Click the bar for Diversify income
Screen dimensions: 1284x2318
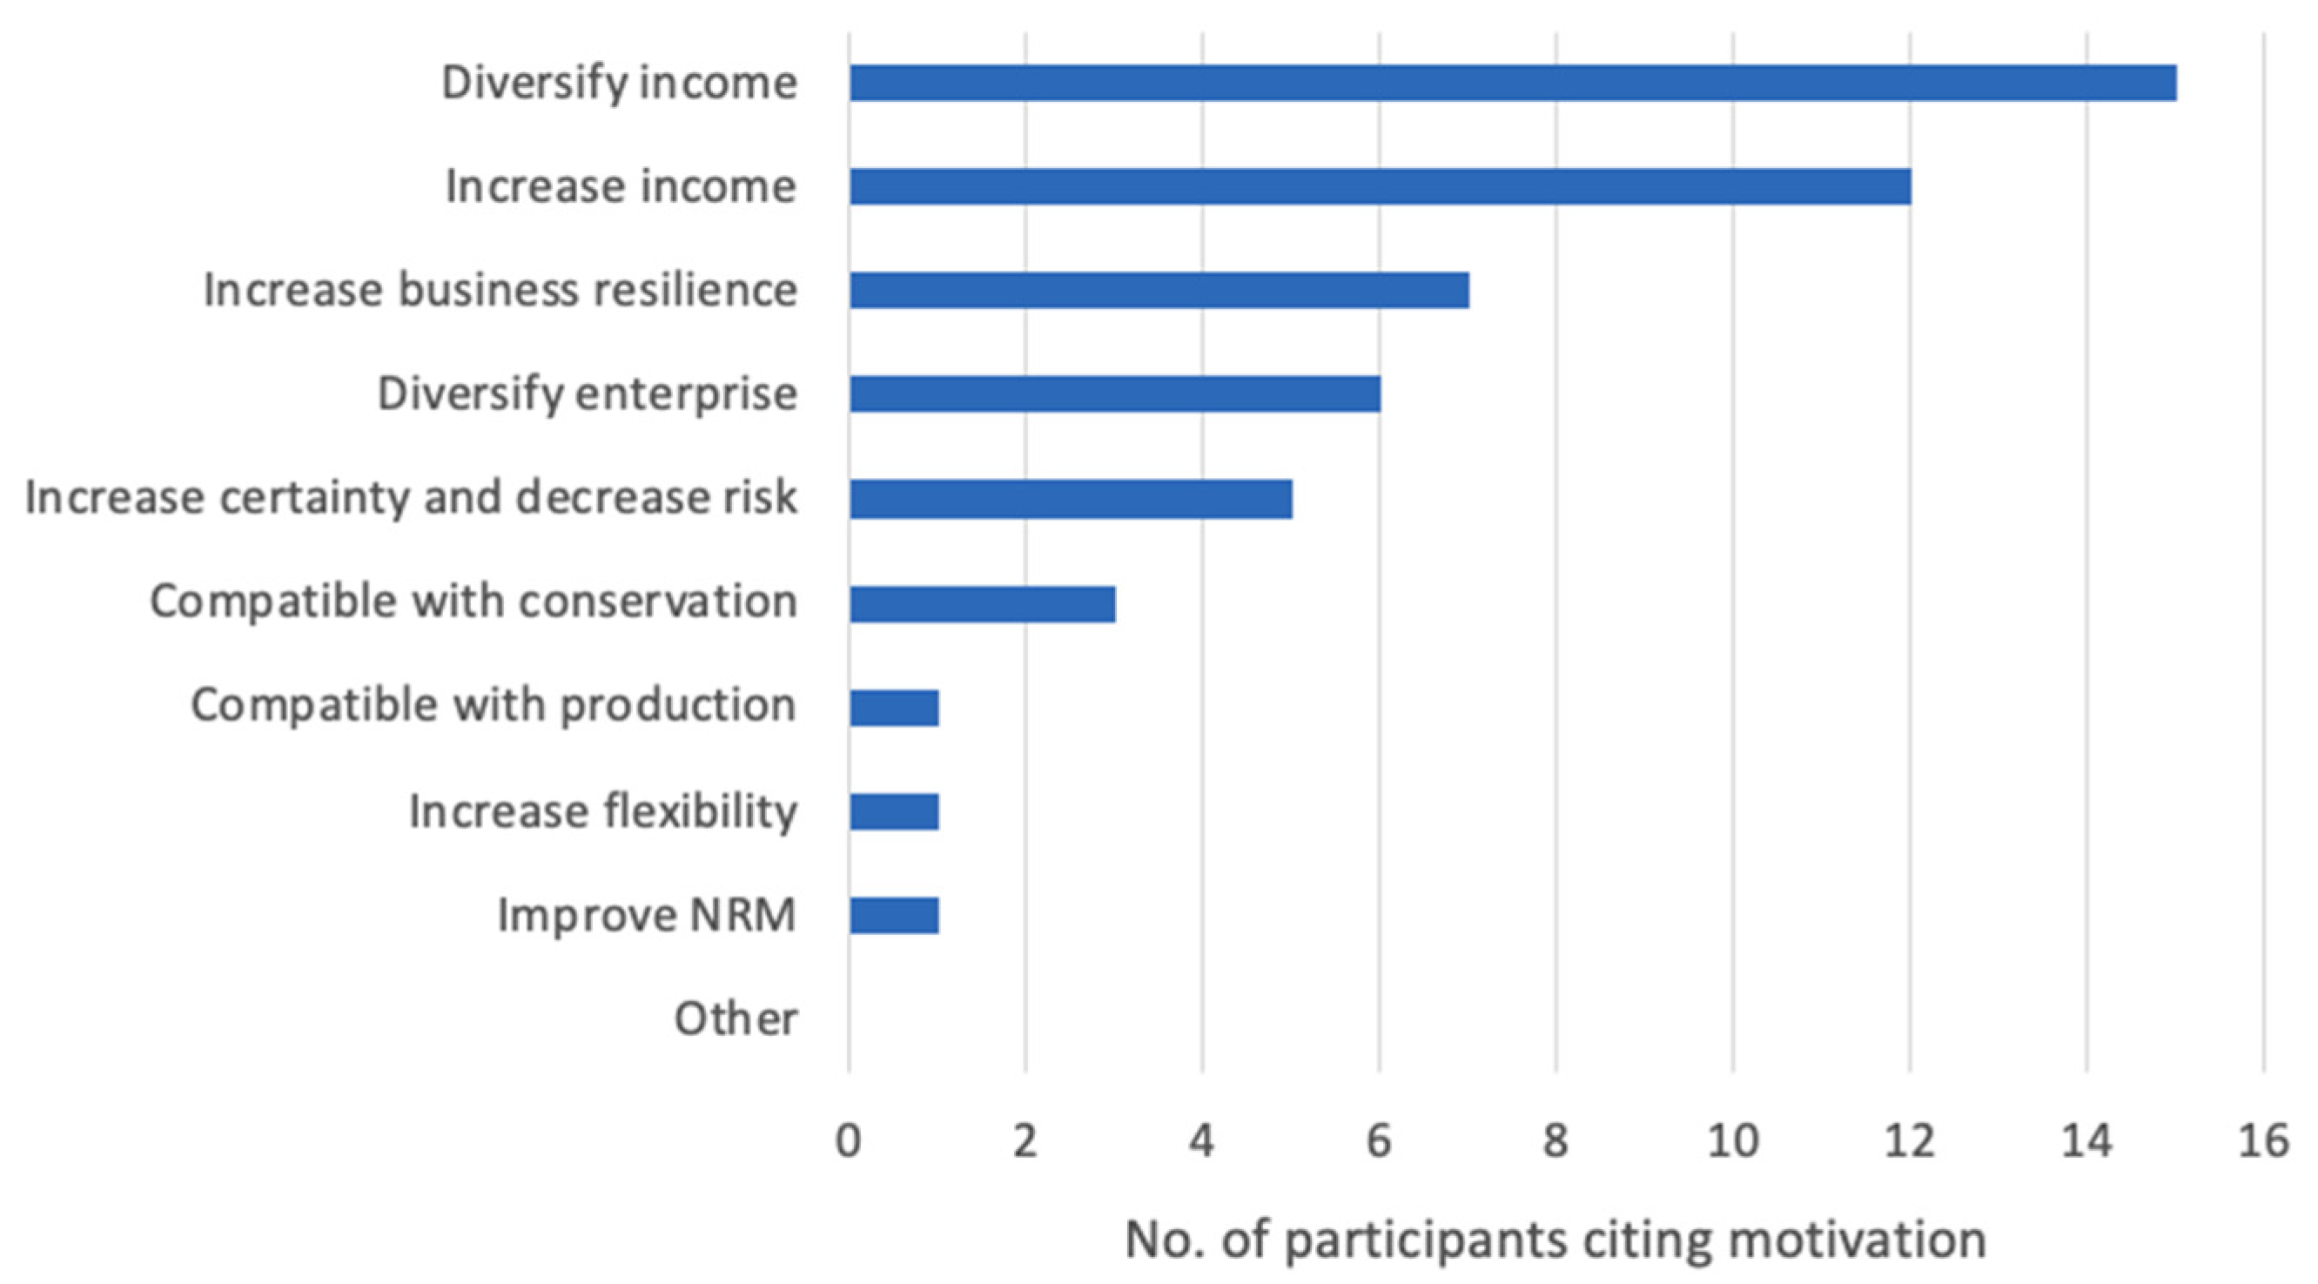1512,83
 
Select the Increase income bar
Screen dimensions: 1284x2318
1380,186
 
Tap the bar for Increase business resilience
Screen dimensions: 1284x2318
1159,290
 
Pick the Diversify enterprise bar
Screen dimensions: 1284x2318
1114,393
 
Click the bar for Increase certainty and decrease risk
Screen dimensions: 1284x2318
1070,499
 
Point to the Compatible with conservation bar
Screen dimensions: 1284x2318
982,604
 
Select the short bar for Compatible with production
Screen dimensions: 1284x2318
894,707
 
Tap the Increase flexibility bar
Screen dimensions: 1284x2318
894,810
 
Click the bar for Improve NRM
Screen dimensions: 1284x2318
894,915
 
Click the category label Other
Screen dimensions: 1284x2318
736,1019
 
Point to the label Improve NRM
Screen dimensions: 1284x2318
646,915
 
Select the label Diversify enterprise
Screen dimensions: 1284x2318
587,393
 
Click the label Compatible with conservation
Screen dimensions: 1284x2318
474,601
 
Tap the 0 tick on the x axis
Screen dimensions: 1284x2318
848,1142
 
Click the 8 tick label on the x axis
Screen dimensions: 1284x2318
1555,1142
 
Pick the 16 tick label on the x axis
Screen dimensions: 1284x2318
2262,1142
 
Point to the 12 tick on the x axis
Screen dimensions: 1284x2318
1909,1142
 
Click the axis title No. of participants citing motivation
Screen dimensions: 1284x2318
1555,1240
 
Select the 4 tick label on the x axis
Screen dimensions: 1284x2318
1201,1142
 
